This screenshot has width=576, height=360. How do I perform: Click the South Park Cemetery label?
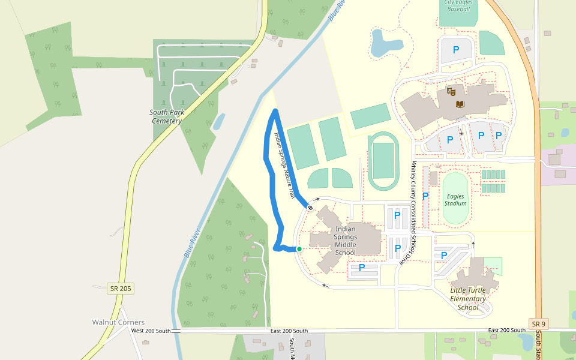click(166, 116)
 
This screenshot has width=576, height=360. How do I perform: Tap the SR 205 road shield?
click(121, 288)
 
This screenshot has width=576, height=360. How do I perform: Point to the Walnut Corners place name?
click(118, 322)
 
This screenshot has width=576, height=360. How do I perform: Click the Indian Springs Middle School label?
click(345, 241)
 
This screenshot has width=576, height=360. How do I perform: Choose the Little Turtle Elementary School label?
click(467, 299)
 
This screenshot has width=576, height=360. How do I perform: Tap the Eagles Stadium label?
click(455, 200)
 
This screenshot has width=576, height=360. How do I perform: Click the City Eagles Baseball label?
click(459, 6)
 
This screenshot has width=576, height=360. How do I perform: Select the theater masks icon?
click(451, 92)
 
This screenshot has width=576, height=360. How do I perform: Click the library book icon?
click(460, 104)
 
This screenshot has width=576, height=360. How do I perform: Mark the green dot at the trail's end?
click(299, 249)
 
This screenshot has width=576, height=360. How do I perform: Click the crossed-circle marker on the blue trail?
click(310, 208)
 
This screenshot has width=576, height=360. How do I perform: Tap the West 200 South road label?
click(151, 331)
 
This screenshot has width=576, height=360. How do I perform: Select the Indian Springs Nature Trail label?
click(284, 166)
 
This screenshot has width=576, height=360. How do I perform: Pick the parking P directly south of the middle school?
click(362, 268)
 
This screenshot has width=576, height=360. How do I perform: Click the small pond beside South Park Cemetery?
click(219, 122)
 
